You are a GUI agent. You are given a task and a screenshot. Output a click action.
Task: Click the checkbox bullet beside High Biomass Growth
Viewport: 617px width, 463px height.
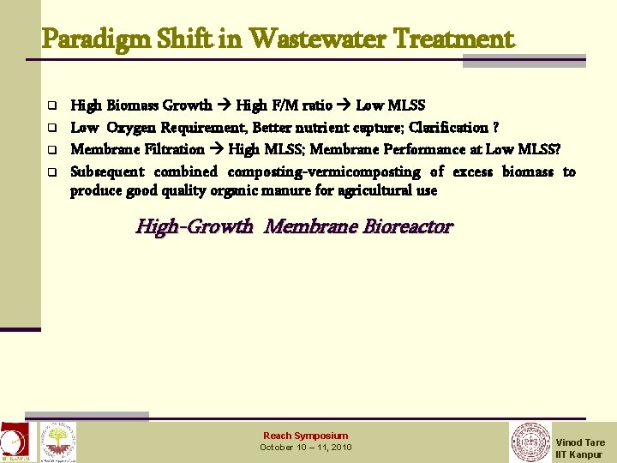click(51, 106)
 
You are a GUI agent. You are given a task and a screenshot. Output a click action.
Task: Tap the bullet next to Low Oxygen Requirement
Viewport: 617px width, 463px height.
click(51, 129)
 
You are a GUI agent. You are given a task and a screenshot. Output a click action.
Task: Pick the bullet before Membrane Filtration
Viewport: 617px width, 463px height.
click(51, 150)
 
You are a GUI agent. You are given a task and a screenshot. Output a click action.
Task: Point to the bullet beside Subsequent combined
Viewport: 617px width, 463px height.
click(51, 172)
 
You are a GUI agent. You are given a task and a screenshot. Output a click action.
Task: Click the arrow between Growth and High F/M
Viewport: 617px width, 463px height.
click(225, 105)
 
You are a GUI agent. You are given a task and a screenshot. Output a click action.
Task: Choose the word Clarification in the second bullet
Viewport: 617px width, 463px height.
click(450, 128)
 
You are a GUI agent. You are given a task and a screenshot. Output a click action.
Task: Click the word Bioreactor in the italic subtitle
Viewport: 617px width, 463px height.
click(408, 227)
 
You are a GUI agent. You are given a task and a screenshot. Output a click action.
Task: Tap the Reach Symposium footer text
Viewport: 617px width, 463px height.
click(305, 436)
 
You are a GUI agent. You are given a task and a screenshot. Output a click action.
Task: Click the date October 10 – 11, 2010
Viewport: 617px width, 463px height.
click(305, 448)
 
